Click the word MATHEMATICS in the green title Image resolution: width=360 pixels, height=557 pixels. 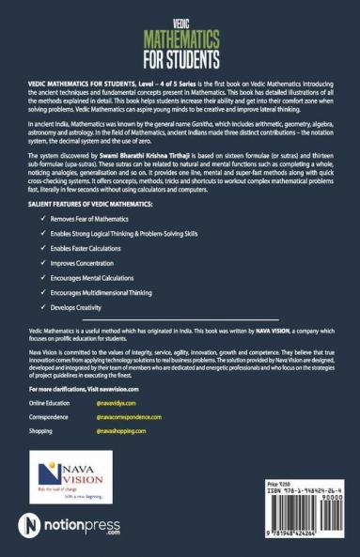[x=180, y=40]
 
